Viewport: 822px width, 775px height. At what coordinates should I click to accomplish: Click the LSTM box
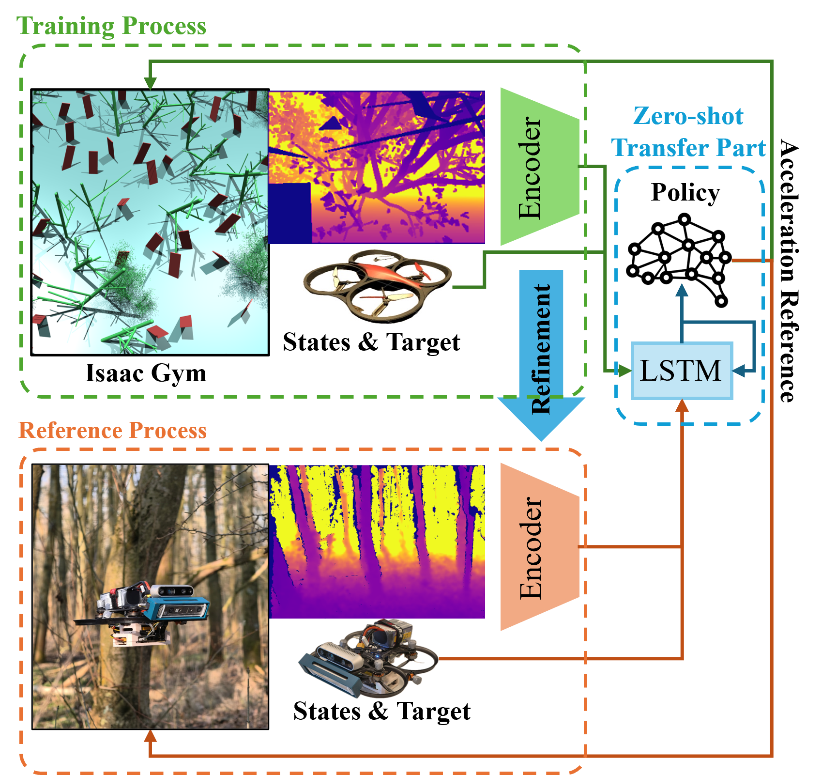[682, 371]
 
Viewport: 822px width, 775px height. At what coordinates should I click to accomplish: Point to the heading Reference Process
[112, 430]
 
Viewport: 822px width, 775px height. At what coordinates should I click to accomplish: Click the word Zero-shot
[688, 116]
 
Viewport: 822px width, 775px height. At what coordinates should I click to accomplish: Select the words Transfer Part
[688, 147]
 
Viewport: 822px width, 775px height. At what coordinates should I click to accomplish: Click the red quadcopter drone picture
[377, 287]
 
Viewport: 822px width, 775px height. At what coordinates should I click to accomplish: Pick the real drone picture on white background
[368, 659]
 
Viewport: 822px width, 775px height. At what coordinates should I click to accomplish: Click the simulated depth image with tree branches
[376, 167]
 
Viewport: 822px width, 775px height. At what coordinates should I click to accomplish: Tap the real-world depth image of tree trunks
[376, 542]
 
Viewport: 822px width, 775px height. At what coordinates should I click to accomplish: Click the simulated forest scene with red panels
[150, 222]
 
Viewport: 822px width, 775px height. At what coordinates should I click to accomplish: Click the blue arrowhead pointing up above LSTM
[682, 290]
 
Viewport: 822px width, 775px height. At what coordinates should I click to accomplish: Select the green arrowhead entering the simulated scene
[150, 84]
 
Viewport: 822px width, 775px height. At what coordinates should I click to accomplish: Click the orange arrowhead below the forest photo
[151, 737]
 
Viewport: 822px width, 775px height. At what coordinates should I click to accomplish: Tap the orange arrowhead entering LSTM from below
[682, 406]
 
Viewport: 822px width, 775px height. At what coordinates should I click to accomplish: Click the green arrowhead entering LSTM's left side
[625, 371]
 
